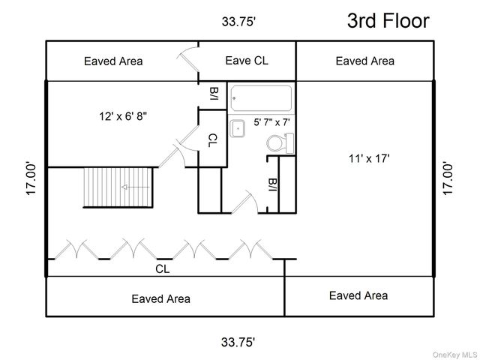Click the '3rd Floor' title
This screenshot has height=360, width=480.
click(388, 21)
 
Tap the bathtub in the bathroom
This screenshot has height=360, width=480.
click(261, 98)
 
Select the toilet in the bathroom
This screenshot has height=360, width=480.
click(280, 142)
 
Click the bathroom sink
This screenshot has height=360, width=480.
click(238, 128)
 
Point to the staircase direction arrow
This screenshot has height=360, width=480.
click(136, 187)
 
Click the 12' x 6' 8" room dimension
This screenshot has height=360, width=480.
click(123, 116)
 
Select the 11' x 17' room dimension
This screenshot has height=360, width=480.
click(369, 158)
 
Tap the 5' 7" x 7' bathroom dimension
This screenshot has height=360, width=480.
click(271, 122)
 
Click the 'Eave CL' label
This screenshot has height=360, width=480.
click(247, 61)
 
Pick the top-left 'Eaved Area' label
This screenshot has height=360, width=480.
click(113, 61)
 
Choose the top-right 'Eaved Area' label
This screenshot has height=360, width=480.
click(365, 61)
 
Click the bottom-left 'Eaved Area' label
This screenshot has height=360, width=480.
click(161, 298)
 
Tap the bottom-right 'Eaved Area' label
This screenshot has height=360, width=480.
click(358, 295)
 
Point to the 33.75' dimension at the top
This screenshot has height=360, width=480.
click(238, 22)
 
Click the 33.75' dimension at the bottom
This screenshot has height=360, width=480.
click(238, 342)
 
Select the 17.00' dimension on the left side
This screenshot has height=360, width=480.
click(31, 179)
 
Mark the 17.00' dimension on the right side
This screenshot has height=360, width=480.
click(448, 179)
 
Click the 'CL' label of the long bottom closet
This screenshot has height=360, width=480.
click(162, 269)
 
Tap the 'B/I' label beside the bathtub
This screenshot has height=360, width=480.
click(214, 94)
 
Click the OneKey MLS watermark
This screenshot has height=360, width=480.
click(455, 355)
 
